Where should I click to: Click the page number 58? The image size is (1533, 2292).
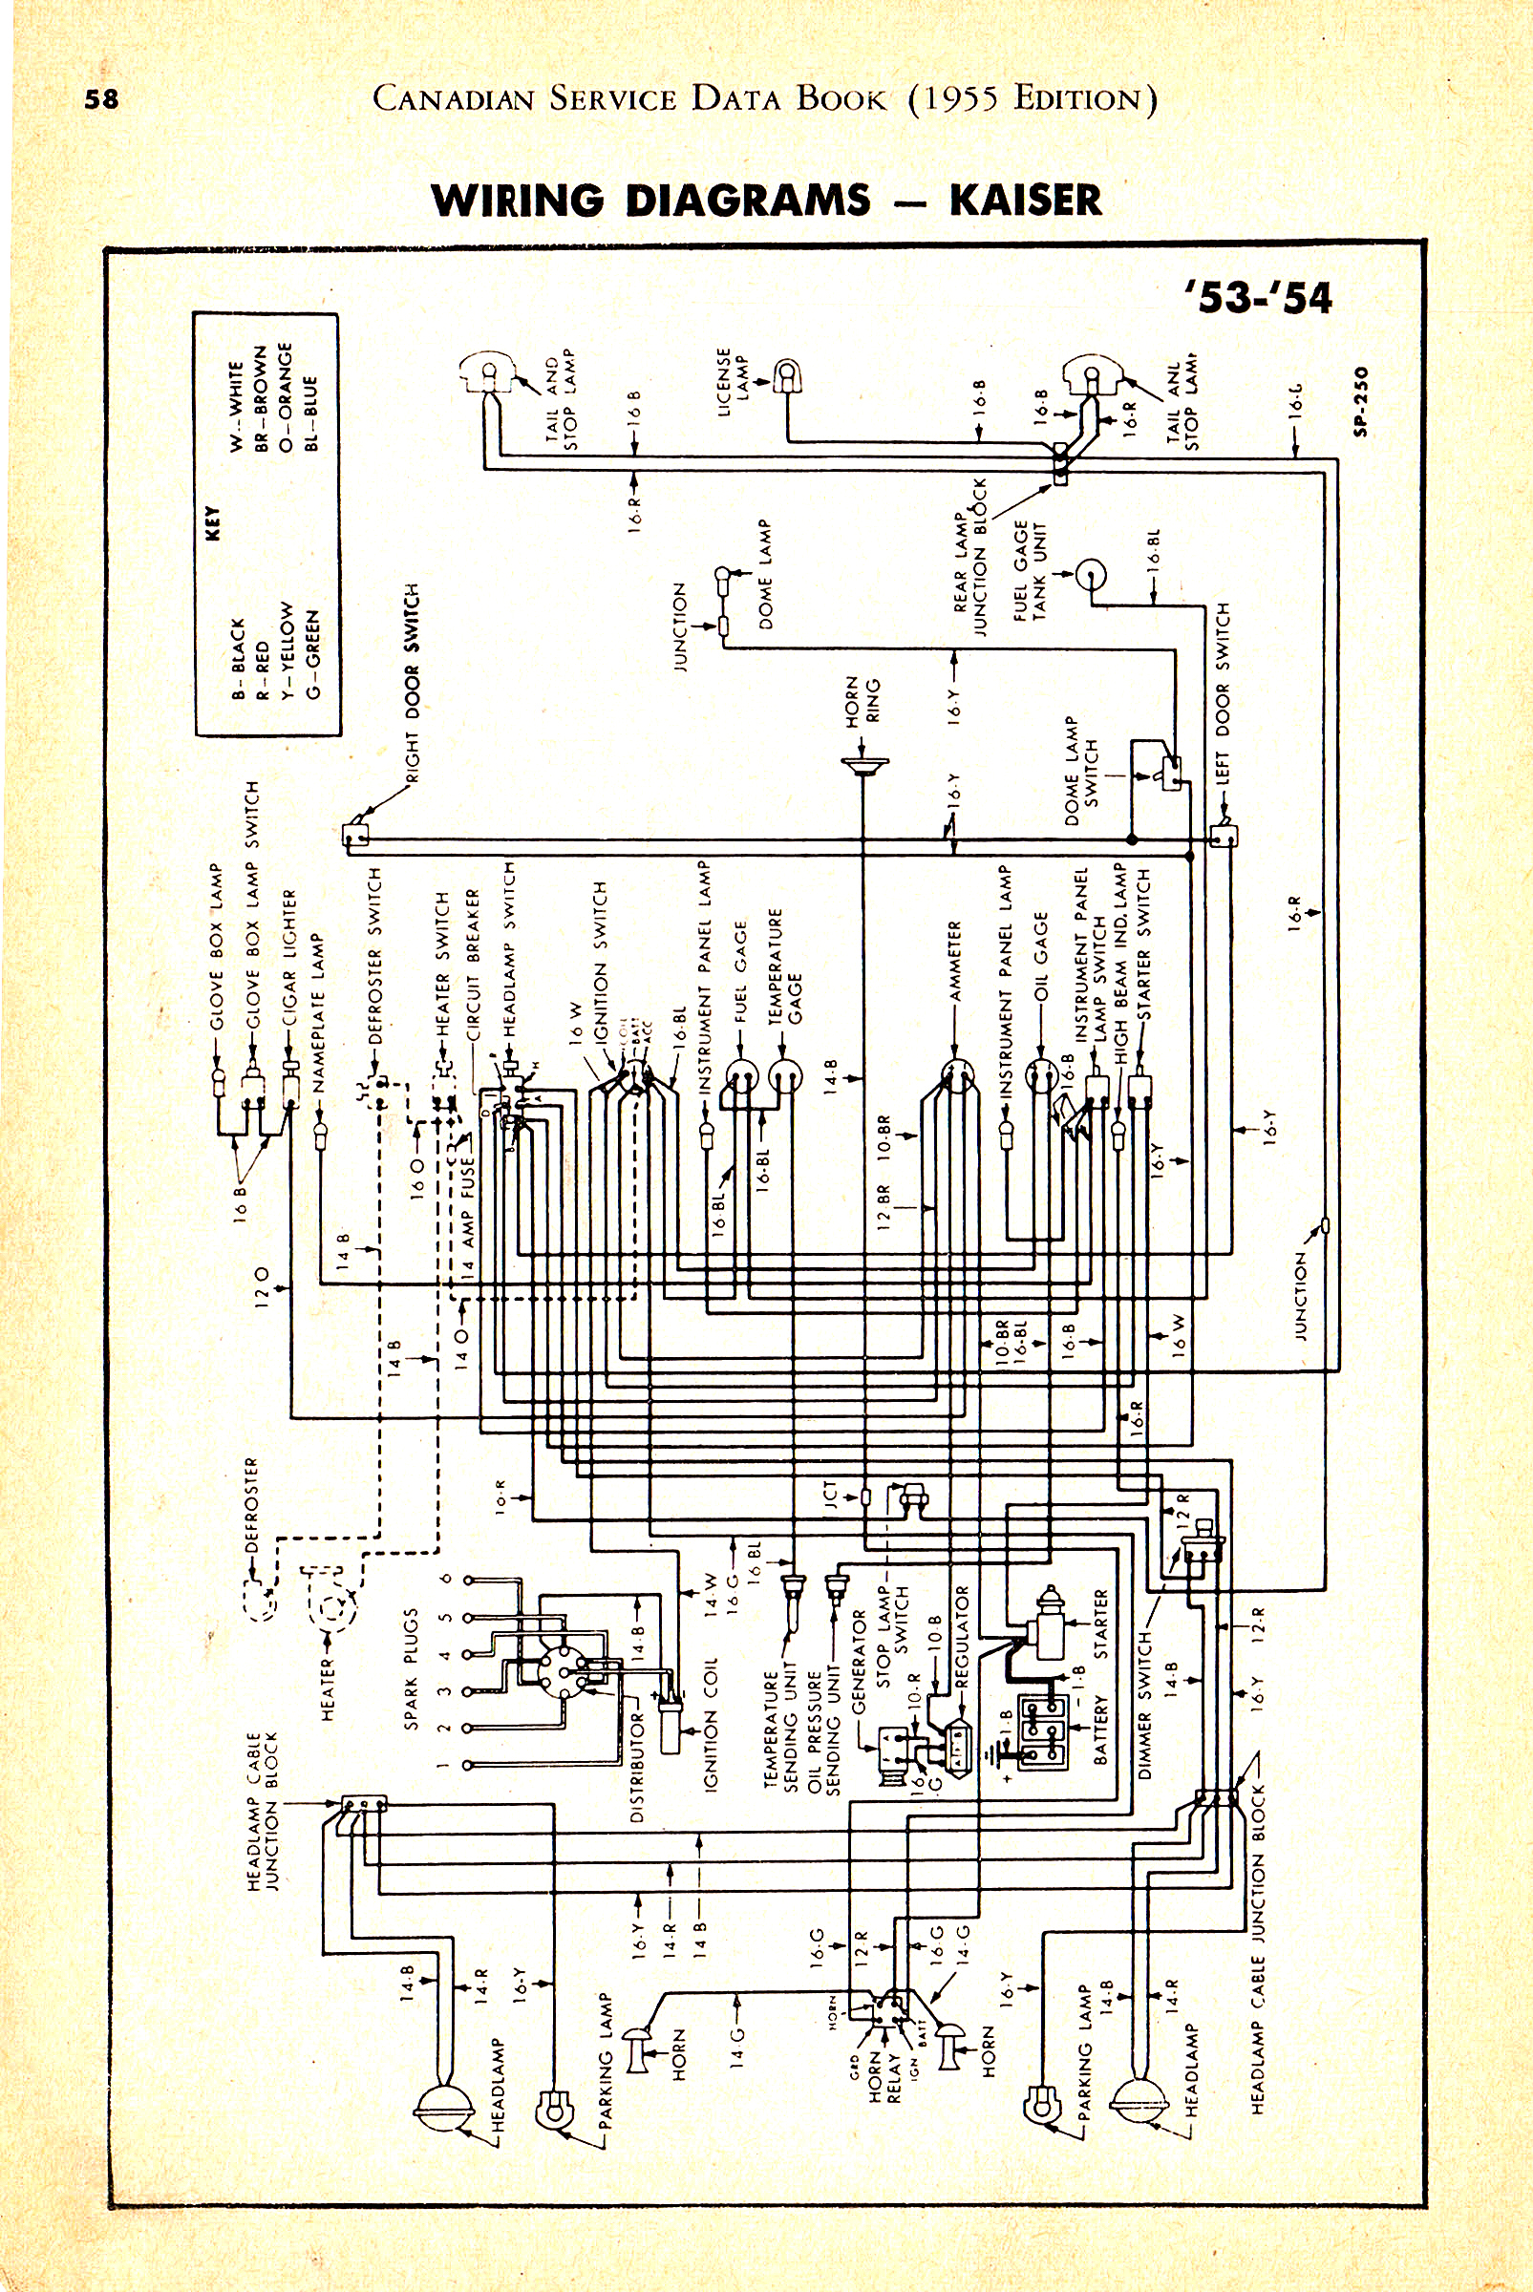coord(101,98)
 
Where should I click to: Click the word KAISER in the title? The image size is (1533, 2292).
coord(1025,201)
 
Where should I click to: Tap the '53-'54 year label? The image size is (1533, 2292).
coord(1258,297)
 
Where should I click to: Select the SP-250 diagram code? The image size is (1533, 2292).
coord(1362,401)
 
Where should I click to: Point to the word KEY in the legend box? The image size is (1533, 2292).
coord(213,523)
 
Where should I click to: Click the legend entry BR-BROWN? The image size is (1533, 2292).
coord(260,399)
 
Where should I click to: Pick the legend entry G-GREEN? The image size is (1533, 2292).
coord(312,654)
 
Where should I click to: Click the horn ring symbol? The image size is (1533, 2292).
coord(864,764)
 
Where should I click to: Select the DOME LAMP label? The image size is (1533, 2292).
coord(765,574)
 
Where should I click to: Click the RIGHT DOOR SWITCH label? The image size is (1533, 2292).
coord(412,683)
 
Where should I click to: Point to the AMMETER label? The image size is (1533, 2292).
coord(955,961)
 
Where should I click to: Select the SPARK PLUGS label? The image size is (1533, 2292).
coord(412,1668)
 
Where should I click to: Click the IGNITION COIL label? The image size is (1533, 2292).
coord(711,1725)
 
